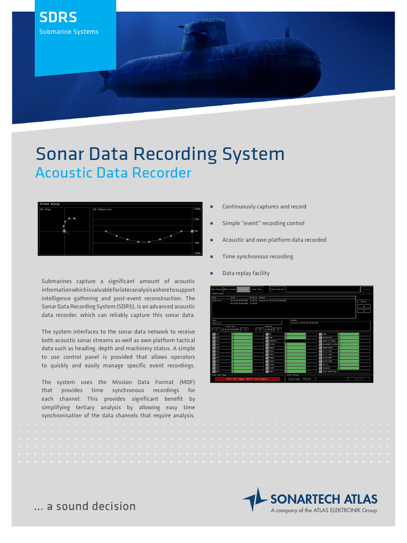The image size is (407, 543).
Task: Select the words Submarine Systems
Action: point(69,32)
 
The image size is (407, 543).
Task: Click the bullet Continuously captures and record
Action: point(264,207)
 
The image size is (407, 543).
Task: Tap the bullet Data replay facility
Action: point(246,273)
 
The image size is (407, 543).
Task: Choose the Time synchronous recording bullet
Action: point(258,257)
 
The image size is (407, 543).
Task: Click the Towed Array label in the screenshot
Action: point(50,204)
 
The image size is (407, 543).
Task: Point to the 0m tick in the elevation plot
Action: point(196,231)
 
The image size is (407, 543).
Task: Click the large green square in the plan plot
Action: point(64,231)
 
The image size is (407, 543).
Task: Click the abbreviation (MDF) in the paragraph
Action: point(187,382)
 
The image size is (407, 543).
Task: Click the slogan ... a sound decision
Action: point(85,506)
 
